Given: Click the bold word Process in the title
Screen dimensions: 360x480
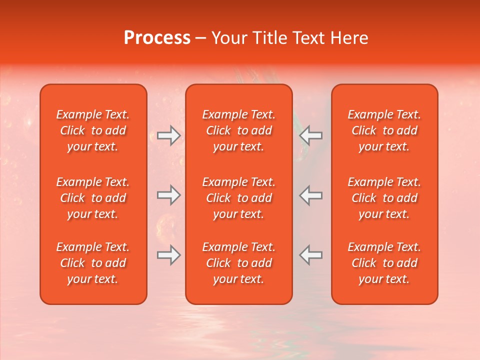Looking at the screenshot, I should pyautogui.click(x=157, y=38).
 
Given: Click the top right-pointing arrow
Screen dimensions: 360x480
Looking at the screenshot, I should pyautogui.click(x=168, y=135).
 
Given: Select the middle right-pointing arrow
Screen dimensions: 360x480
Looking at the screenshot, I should pyautogui.click(x=168, y=195).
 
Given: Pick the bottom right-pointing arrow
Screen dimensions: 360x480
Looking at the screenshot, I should pyautogui.click(x=168, y=255).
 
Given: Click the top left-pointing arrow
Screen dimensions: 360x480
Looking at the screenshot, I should pyautogui.click(x=310, y=135).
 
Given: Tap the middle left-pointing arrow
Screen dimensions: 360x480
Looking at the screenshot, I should pyautogui.click(x=310, y=195).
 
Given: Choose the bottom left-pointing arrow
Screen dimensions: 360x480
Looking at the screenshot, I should pyautogui.click(x=310, y=255).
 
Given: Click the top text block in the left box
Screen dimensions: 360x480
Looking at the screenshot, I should pyautogui.click(x=93, y=130).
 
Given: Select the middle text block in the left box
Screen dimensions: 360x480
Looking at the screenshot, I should pyautogui.click(x=93, y=198).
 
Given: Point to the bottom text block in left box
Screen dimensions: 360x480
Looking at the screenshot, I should pyautogui.click(x=93, y=263).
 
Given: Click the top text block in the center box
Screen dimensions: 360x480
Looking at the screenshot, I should pyautogui.click(x=238, y=130).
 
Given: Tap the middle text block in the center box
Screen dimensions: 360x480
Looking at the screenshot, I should pyautogui.click(x=238, y=198).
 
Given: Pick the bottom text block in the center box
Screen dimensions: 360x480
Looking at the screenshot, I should pyautogui.click(x=238, y=263).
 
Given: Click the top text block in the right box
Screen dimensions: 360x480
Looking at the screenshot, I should pyautogui.click(x=384, y=130).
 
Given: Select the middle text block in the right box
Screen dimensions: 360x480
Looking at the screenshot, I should pyautogui.click(x=384, y=198).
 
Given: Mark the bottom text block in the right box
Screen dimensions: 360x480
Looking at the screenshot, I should pyautogui.click(x=384, y=263).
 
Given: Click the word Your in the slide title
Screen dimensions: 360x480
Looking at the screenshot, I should pyautogui.click(x=228, y=38).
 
